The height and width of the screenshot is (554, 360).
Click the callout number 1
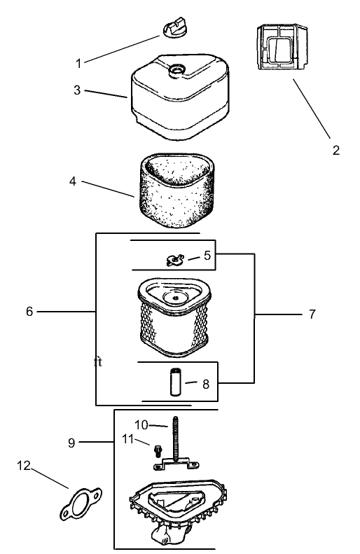(x=78, y=64)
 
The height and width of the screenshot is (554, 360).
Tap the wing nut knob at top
(x=174, y=27)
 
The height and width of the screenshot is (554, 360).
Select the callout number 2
(x=336, y=150)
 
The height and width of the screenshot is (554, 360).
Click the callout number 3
(x=77, y=90)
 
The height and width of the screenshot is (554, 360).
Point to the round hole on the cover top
(x=176, y=69)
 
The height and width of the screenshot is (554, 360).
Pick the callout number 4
(x=73, y=181)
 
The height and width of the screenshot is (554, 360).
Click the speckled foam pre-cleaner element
(x=176, y=190)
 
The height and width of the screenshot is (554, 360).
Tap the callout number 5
(x=207, y=255)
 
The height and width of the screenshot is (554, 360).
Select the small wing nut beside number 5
(x=175, y=260)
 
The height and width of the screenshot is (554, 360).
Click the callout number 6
(x=29, y=311)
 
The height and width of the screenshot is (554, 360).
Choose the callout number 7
(x=312, y=314)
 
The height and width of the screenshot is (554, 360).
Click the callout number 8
(x=206, y=384)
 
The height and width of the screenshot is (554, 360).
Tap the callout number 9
(x=71, y=443)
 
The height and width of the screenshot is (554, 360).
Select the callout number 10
(x=141, y=424)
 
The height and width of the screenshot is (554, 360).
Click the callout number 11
(x=128, y=439)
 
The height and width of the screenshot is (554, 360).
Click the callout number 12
(x=24, y=466)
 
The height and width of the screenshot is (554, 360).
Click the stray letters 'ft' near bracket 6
(x=98, y=362)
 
